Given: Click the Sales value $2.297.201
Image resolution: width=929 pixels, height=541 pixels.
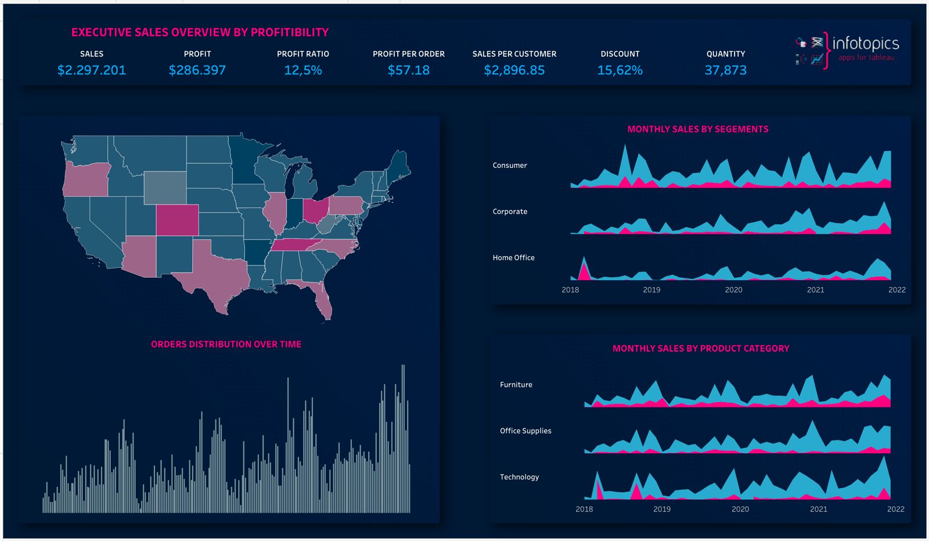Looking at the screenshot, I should (x=92, y=70).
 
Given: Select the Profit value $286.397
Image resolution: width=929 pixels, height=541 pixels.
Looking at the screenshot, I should (x=197, y=70).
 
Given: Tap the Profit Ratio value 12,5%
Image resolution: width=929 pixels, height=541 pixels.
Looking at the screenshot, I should (x=303, y=70).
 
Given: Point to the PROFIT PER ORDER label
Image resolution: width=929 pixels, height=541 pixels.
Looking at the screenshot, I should (x=408, y=53).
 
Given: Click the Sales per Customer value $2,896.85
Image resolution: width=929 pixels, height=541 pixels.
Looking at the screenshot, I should (x=514, y=70).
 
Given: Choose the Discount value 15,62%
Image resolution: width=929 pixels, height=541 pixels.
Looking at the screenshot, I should (x=620, y=70).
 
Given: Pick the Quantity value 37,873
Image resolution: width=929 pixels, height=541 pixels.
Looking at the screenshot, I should (x=725, y=70).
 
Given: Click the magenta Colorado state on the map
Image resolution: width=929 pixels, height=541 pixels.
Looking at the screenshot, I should (x=177, y=220).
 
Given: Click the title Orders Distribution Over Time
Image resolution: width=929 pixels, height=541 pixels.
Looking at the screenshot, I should (x=226, y=344).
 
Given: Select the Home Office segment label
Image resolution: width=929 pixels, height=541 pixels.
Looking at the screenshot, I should (x=513, y=257).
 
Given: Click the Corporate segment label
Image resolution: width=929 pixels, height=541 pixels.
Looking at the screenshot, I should (x=510, y=212).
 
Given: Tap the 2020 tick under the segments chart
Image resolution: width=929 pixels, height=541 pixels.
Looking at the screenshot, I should (x=733, y=289).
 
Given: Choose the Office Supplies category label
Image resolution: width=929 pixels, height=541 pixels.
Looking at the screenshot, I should (x=525, y=431).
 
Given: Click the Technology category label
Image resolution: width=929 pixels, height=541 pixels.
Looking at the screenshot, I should (x=519, y=476).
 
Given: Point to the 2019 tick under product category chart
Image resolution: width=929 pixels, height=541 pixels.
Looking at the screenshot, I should (x=662, y=509).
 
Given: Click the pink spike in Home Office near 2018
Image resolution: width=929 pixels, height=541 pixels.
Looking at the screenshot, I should (x=584, y=270).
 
